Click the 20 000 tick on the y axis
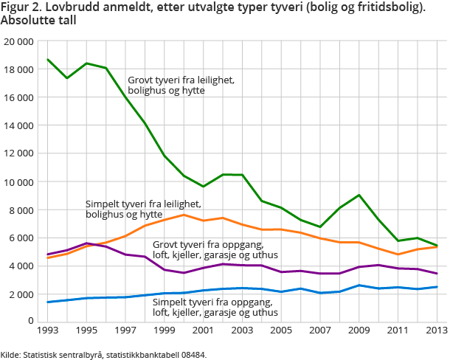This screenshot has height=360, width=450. click(x=18, y=41)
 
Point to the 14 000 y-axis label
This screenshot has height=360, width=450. click(x=18, y=125)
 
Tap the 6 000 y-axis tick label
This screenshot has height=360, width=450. click(x=21, y=238)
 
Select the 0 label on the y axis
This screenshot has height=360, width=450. click(x=30, y=322)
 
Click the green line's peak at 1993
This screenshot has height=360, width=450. click(x=48, y=60)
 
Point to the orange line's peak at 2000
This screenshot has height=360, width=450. click(x=183, y=215)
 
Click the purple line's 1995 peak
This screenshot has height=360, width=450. click(x=86, y=243)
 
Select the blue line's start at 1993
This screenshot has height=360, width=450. click(x=48, y=302)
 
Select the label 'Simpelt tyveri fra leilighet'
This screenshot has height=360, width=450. click(x=143, y=204)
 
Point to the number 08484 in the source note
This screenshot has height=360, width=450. click(x=191, y=354)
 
